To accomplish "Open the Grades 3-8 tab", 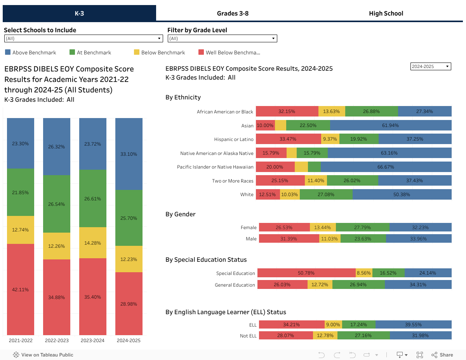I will click(233, 13).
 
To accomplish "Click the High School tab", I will click(386, 13).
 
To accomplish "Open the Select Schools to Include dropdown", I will click(83, 38).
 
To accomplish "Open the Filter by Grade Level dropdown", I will click(222, 38).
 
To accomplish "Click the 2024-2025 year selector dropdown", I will click(430, 66).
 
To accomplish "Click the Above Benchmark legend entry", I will click(31, 52).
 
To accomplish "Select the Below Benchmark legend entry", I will click(160, 52).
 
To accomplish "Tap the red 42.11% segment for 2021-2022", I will click(21, 289).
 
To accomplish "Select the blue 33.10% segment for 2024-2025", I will click(129, 154).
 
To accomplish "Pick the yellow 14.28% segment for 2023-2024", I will click(93, 243).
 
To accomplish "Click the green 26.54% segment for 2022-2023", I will click(57, 204).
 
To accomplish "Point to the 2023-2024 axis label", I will click(93, 341).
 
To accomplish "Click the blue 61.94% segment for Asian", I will click(390, 125).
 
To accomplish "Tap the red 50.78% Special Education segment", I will click(306, 273).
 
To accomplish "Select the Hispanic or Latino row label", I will click(234, 139).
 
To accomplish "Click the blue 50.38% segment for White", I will click(402, 195).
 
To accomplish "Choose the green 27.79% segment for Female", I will click(362, 228).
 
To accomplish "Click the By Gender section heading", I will click(180, 214).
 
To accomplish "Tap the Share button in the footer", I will click(442, 355).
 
